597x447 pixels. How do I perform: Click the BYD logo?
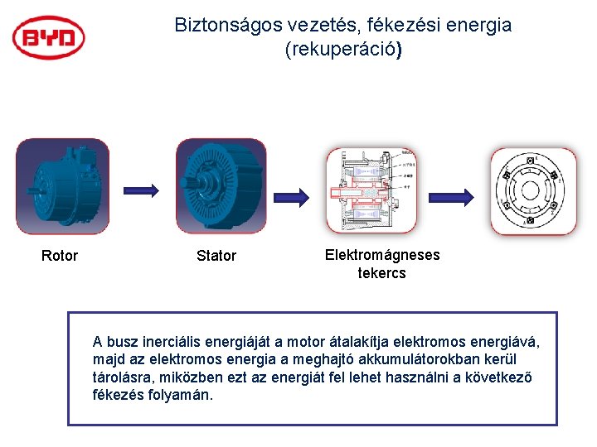click(x=49, y=37)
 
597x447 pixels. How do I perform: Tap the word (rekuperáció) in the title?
click(x=343, y=50)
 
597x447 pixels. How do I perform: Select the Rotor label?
click(x=60, y=256)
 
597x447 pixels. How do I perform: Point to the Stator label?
click(x=216, y=256)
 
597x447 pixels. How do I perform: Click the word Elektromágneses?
click(x=382, y=255)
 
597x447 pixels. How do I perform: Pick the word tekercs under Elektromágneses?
click(x=381, y=273)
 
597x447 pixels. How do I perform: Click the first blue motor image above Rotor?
click(x=61, y=186)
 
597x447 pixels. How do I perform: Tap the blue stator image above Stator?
click(x=221, y=186)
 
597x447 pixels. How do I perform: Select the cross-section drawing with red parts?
click(x=371, y=191)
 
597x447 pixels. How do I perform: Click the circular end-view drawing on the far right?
click(x=533, y=191)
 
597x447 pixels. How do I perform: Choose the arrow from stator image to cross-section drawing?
click(x=294, y=196)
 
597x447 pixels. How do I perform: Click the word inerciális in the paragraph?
click(x=163, y=342)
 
